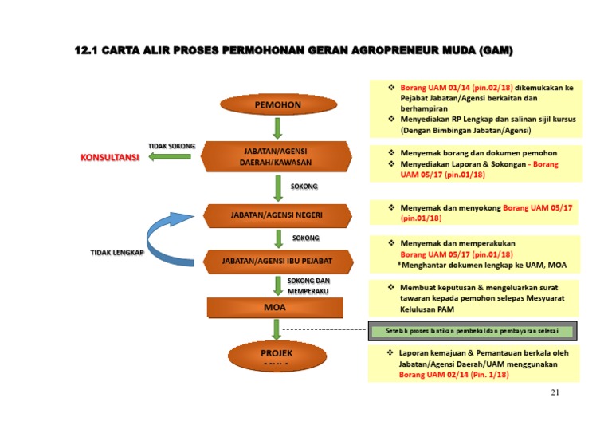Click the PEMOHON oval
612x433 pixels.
(x=277, y=104)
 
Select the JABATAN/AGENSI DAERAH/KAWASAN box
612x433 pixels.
(x=276, y=156)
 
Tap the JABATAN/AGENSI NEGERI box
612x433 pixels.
(x=276, y=215)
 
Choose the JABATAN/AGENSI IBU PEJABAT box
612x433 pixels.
(x=277, y=261)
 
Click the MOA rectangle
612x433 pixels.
(x=275, y=306)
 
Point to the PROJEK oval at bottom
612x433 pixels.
(x=277, y=354)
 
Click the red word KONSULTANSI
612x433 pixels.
(x=110, y=158)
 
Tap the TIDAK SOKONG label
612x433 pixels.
(x=171, y=146)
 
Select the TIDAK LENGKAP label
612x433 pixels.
(x=116, y=253)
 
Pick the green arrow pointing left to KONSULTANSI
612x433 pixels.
(x=170, y=157)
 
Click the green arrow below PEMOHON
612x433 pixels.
(x=277, y=128)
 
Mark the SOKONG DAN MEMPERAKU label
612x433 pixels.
(x=308, y=286)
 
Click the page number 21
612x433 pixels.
(x=556, y=392)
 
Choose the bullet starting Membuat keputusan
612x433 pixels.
(x=478, y=297)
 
